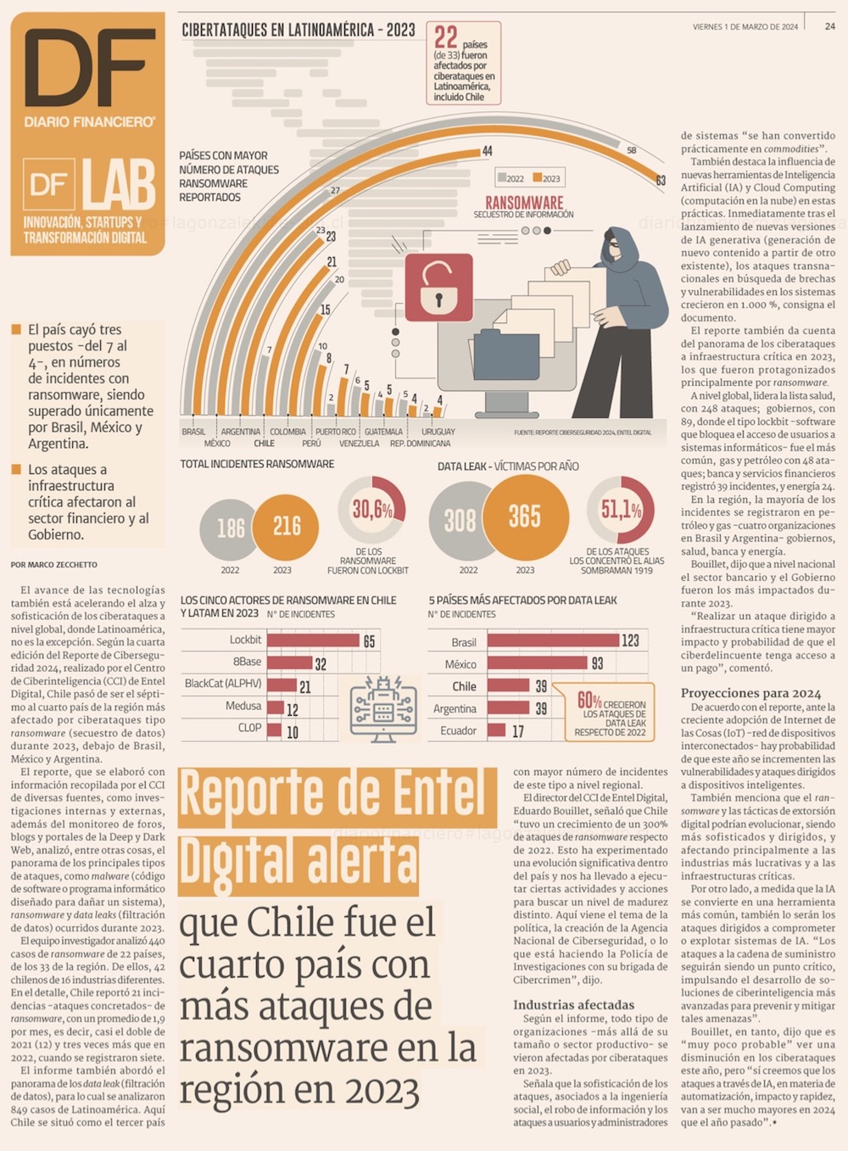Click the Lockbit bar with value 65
point(313,640)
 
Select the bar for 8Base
point(289,662)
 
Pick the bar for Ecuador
point(497,730)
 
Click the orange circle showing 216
point(286,527)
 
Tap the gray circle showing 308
point(460,520)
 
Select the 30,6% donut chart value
point(372,510)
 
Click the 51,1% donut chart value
point(621,510)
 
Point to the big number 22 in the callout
point(446,37)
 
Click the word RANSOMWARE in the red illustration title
point(524,203)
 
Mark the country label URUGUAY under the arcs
point(438,432)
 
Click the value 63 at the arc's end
point(661,181)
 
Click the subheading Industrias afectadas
point(573,1005)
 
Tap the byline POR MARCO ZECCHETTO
point(54,564)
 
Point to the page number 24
point(829,26)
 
